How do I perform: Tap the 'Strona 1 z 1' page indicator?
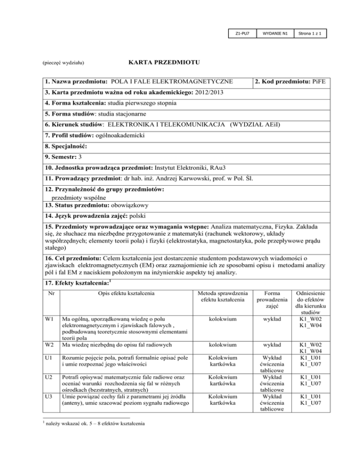point(310,34)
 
